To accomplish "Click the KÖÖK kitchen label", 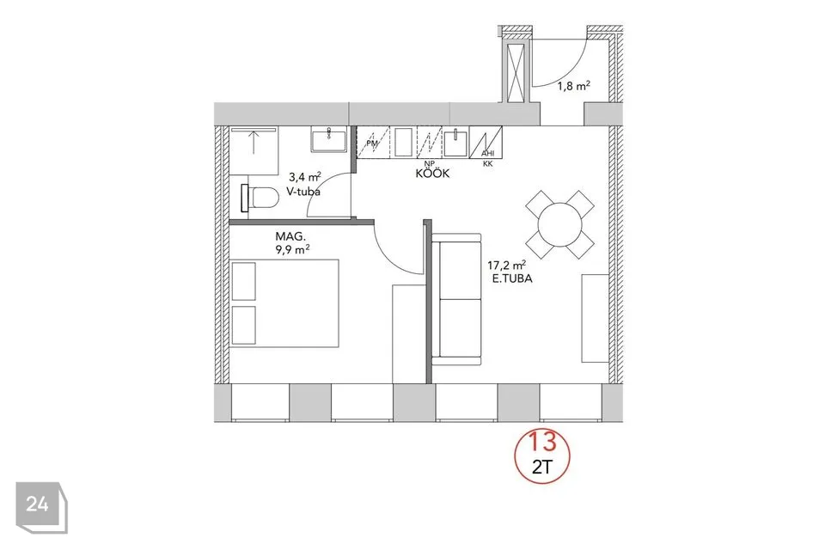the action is tap(432, 173).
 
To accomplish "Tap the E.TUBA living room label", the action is tap(512, 279).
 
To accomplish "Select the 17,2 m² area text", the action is tap(507, 266).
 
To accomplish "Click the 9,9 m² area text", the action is tap(292, 249).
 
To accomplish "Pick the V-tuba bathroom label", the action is tap(303, 192).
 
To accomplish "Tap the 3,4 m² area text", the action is tap(304, 178).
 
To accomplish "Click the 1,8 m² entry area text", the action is tap(573, 86).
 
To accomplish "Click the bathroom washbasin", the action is tap(329, 139).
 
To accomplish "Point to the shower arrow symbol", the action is tap(254, 142).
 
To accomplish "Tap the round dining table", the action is tap(560, 225).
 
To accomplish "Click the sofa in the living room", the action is tap(455, 299).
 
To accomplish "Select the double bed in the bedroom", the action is tap(284, 302).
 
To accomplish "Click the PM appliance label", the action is tap(372, 144).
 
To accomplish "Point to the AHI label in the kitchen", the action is tap(488, 154).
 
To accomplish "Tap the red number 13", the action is tap(542, 441).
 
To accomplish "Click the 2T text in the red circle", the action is tap(542, 467).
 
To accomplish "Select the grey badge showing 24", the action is tap(41, 507).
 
